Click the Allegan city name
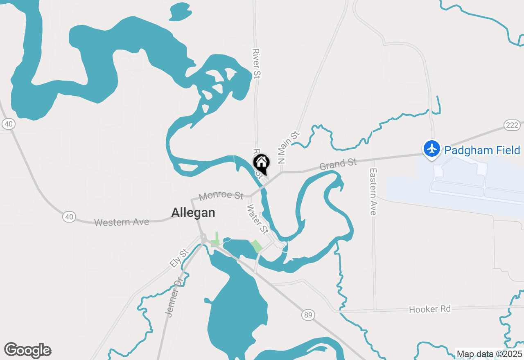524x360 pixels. click(193, 213)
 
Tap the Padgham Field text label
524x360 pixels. click(482, 150)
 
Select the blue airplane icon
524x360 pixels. click(431, 148)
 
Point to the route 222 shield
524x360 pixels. click(512, 125)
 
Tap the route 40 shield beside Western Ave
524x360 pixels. click(69, 216)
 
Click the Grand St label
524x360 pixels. click(338, 164)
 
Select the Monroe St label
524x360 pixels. click(221, 196)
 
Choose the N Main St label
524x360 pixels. click(288, 148)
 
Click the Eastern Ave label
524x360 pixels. click(373, 191)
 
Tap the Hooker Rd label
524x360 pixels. click(430, 309)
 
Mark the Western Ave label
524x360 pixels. click(121, 222)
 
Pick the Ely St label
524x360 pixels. click(178, 259)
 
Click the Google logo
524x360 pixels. click(27, 350)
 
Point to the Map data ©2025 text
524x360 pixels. click(489, 354)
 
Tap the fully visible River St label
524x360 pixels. click(257, 63)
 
